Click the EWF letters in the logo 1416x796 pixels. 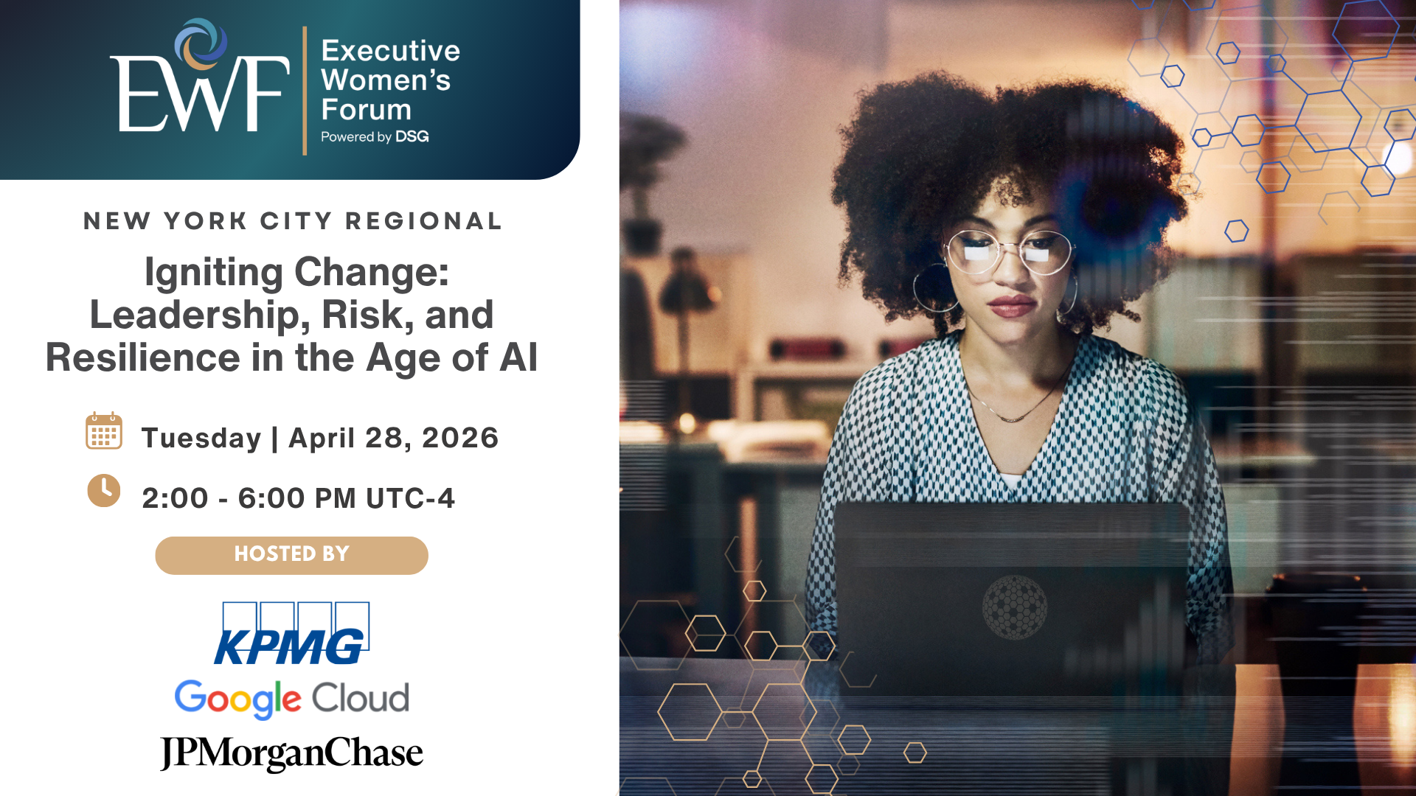pyautogui.click(x=199, y=94)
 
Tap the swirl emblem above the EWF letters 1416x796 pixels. pyautogui.click(x=201, y=43)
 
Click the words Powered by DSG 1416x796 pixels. pyautogui.click(x=375, y=136)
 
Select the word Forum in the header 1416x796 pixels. pyautogui.click(x=367, y=109)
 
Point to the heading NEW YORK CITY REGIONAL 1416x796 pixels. pyautogui.click(x=293, y=221)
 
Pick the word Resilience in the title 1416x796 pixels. pyautogui.click(x=143, y=357)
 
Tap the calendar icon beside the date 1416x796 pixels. pyautogui.click(x=104, y=430)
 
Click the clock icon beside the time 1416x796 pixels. pyautogui.click(x=104, y=491)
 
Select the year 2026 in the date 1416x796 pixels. pyautogui.click(x=460, y=438)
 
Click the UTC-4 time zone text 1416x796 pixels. pyautogui.click(x=410, y=498)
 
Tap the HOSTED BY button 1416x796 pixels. pyautogui.click(x=291, y=555)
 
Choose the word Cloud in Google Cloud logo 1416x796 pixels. pyautogui.click(x=361, y=697)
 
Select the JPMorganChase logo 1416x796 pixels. pyautogui.click(x=292, y=753)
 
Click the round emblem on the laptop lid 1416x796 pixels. pyautogui.click(x=1015, y=607)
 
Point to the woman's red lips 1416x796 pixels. pyautogui.click(x=1011, y=305)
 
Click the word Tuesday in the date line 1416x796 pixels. pyautogui.click(x=201, y=438)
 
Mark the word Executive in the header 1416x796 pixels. pyautogui.click(x=391, y=51)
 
